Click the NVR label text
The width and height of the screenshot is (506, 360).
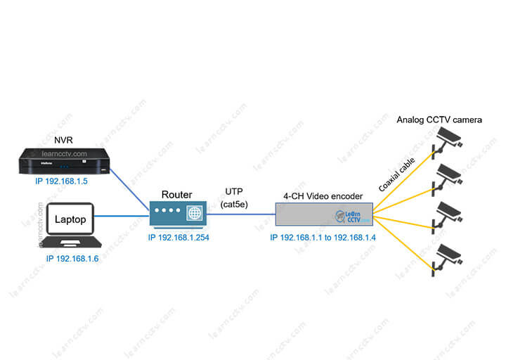tap(63, 141)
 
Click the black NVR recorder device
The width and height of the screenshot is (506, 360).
tap(63, 162)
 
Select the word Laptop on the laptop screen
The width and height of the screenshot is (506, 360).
tap(71, 220)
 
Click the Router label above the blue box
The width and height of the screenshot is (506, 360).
tap(176, 194)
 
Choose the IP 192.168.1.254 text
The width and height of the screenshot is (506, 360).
tap(179, 238)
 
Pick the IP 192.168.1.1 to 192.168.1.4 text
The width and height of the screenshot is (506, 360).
tap(323, 238)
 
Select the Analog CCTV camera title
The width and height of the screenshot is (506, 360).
tap(439, 120)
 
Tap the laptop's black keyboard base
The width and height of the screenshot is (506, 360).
tap(71, 243)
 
